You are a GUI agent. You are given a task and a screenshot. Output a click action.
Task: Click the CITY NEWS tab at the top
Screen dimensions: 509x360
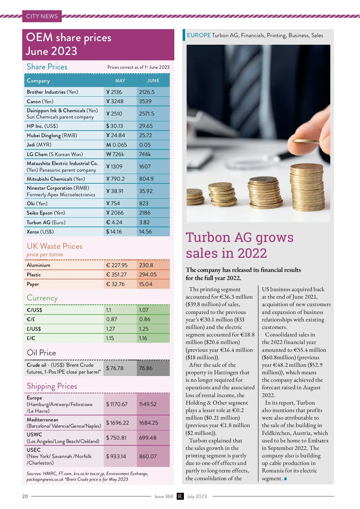click(x=42, y=16)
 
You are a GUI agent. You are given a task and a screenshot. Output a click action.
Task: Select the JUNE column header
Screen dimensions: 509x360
click(x=153, y=81)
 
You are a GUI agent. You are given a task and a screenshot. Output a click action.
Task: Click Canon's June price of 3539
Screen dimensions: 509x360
click(x=145, y=101)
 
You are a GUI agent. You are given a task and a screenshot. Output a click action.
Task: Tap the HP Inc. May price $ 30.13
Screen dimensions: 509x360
click(x=115, y=126)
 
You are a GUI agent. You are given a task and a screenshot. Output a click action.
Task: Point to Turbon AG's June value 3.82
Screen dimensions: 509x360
click(x=144, y=222)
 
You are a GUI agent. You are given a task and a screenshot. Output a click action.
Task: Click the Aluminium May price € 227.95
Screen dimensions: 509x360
click(x=117, y=265)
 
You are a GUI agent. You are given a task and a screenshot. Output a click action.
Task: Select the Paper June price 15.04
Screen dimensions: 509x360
click(x=145, y=284)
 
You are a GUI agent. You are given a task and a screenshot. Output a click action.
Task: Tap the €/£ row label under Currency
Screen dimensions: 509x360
click(x=31, y=319)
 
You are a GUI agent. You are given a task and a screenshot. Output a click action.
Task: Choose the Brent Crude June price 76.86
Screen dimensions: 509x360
click(x=145, y=368)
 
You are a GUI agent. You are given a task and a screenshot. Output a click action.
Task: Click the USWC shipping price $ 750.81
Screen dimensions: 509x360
click(x=116, y=438)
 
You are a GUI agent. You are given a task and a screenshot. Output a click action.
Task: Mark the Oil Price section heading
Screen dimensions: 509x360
click(x=41, y=353)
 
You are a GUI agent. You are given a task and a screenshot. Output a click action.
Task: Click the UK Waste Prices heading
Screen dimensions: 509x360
click(x=55, y=246)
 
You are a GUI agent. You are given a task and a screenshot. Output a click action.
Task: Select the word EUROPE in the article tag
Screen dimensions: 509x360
click(x=199, y=35)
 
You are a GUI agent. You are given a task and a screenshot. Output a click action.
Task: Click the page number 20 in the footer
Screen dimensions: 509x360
click(x=25, y=496)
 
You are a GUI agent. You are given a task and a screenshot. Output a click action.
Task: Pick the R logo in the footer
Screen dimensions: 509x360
click(x=180, y=496)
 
